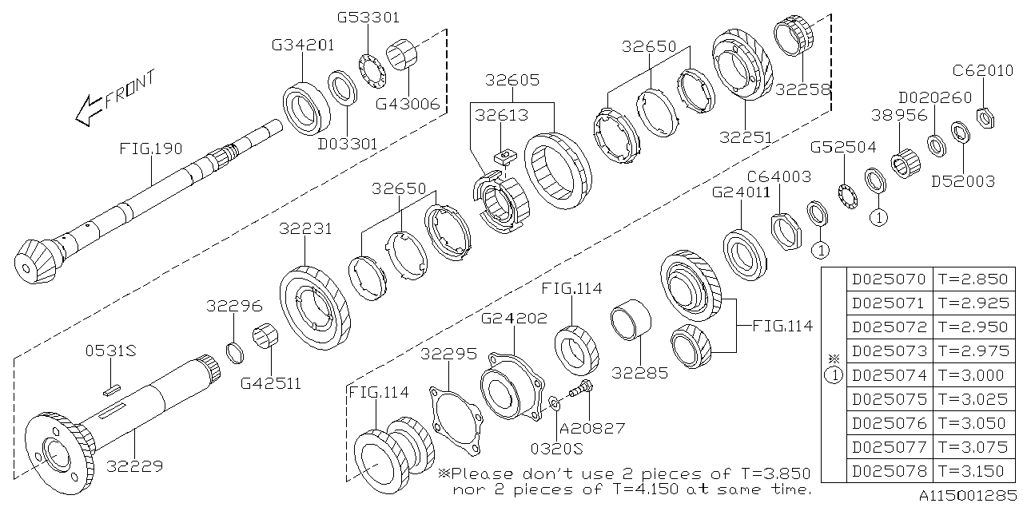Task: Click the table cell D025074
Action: pyautogui.click(x=889, y=374)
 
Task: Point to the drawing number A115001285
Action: pyautogui.click(x=966, y=496)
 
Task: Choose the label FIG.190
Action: pyautogui.click(x=151, y=149)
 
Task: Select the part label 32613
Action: pyautogui.click(x=501, y=116)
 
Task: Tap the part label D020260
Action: pyautogui.click(x=935, y=97)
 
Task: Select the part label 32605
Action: pyautogui.click(x=512, y=80)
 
